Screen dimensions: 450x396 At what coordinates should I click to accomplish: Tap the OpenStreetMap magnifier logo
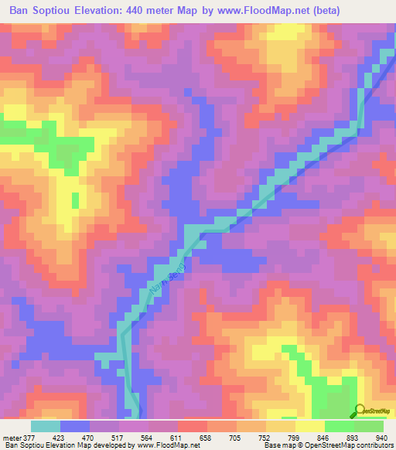pyautogui.click(x=360, y=411)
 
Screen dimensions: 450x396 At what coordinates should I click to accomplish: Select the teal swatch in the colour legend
pyautogui.click(x=46, y=426)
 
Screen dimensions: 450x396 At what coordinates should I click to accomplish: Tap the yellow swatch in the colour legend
pyautogui.click(x=310, y=426)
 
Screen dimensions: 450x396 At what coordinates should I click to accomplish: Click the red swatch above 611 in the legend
pyautogui.click(x=193, y=426)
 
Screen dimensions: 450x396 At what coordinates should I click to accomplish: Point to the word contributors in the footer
pyautogui.click(x=374, y=446)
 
